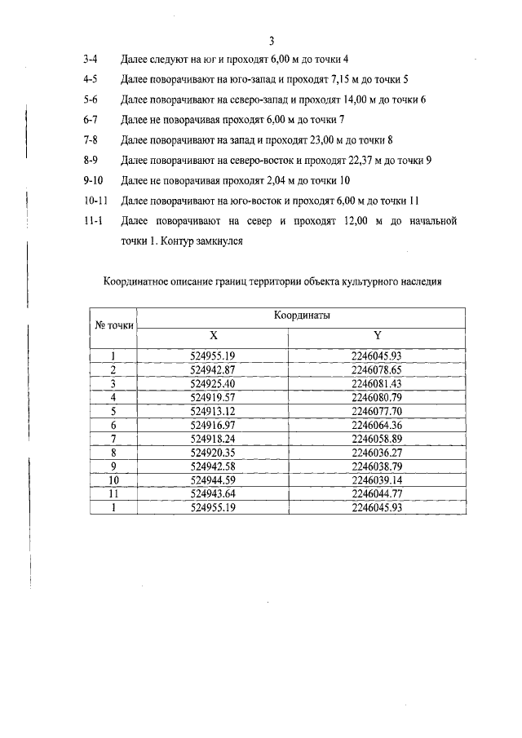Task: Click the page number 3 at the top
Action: [x=272, y=41]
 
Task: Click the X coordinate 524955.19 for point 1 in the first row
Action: [x=212, y=356]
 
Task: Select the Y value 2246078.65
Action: [x=377, y=369]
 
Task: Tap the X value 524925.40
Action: [x=212, y=383]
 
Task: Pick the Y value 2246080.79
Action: [x=377, y=397]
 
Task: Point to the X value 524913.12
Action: [x=212, y=411]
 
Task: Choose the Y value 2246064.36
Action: [x=377, y=425]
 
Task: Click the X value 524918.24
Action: [x=212, y=439]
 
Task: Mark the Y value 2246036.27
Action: [x=377, y=453]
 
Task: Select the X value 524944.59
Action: [x=212, y=480]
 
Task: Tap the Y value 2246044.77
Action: [x=377, y=493]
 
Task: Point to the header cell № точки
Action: [x=114, y=324]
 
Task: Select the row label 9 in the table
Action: [x=114, y=466]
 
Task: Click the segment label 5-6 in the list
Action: [x=91, y=99]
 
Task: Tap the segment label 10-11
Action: [x=95, y=201]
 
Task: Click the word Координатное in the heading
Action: [x=139, y=282]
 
